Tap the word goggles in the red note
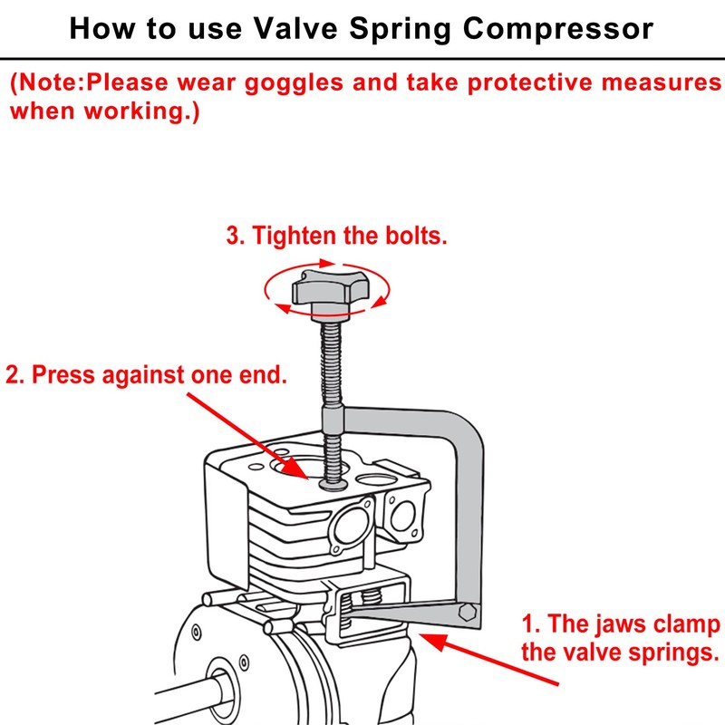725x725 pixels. (x=327, y=83)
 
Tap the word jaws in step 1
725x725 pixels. (x=617, y=625)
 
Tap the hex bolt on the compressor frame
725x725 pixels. (x=468, y=612)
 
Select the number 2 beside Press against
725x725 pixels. (x=12, y=374)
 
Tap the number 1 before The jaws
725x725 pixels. (x=528, y=625)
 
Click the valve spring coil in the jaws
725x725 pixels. (x=369, y=602)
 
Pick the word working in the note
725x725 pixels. (x=132, y=113)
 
